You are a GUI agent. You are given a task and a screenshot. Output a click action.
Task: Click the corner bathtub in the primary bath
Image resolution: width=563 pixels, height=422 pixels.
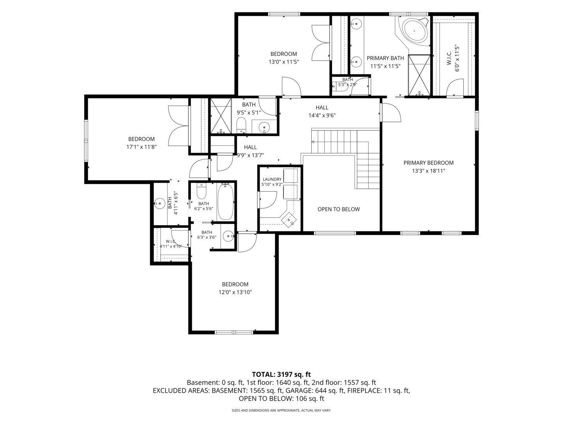[414, 30]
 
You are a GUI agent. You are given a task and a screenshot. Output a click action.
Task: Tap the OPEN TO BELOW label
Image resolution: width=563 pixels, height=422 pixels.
[339, 209]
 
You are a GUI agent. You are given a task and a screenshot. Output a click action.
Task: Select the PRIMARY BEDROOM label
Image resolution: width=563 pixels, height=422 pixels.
[429, 163]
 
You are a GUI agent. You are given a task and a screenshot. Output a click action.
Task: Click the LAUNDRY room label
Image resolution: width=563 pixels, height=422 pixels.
[272, 179]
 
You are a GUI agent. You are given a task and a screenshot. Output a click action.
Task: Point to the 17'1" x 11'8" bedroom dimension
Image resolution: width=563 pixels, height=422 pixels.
[141, 147]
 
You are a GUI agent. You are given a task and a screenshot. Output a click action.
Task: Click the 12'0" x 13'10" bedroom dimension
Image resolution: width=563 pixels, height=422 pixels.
[235, 292]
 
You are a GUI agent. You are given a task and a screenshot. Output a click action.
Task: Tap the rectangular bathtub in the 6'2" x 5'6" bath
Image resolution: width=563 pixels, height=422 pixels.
[226, 202]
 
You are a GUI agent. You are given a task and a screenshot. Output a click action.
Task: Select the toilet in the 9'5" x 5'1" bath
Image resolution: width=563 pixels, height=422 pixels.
[241, 125]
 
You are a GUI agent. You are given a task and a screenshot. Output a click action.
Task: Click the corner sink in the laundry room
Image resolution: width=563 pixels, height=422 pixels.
[289, 220]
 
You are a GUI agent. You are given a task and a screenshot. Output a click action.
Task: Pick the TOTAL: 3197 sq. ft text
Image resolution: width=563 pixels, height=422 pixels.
[281, 374]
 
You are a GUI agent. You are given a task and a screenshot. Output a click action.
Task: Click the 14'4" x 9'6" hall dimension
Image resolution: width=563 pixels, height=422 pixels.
[322, 116]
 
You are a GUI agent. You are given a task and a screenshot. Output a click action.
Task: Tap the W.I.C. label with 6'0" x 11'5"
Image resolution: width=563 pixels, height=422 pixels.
[449, 59]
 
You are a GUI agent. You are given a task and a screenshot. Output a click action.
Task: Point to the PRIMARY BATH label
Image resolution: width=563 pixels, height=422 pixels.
[385, 58]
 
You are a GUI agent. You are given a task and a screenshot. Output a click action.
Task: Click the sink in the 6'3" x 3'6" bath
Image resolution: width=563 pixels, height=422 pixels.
[228, 236]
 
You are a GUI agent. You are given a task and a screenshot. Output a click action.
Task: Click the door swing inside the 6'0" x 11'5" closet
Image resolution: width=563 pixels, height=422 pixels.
[454, 87]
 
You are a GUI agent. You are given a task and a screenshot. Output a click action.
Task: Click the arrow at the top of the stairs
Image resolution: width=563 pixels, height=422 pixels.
[313, 142]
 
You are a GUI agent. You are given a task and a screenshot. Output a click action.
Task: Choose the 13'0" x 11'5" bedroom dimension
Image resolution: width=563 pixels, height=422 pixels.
[284, 62]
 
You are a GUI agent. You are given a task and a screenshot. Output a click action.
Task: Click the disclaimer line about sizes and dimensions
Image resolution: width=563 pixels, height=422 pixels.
[281, 410]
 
